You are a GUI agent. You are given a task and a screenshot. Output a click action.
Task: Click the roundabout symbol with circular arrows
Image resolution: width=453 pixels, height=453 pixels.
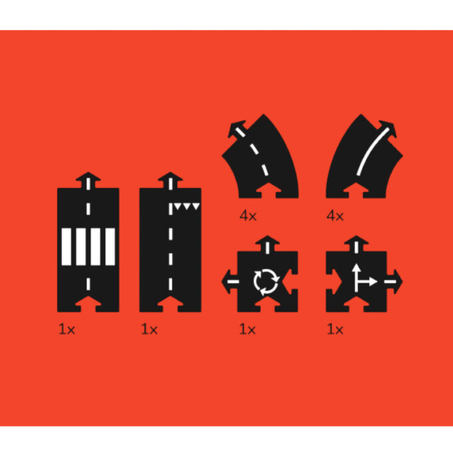click(266, 282)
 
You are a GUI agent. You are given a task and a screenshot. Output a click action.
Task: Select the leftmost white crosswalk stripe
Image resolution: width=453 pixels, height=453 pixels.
click(66, 246)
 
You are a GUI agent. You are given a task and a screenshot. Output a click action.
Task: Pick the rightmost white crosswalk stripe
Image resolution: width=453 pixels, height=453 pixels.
click(110, 246)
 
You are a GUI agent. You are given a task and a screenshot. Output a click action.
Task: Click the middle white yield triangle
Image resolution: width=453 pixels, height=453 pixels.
click(187, 207)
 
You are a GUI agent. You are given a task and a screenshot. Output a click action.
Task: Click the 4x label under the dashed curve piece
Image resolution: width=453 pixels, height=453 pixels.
click(248, 216)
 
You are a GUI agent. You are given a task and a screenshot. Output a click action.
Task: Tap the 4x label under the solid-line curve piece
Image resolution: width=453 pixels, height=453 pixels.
click(335, 216)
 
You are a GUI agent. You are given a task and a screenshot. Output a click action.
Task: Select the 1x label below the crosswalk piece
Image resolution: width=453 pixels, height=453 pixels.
click(67, 329)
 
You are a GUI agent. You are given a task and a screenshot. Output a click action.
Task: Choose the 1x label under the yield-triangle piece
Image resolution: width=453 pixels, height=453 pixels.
click(149, 329)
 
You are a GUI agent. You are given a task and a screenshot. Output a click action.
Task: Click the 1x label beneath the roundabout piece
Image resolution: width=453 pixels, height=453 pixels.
click(247, 329)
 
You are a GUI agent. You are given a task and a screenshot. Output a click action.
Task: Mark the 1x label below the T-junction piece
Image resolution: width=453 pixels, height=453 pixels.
click(335, 329)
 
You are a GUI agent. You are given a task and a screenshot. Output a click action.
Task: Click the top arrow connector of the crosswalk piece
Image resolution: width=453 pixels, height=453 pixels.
click(88, 180)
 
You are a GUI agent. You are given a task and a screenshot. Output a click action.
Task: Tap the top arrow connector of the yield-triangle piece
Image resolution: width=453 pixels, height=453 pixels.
click(170, 180)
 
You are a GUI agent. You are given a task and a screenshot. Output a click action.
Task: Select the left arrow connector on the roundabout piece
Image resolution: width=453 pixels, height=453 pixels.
click(230, 282)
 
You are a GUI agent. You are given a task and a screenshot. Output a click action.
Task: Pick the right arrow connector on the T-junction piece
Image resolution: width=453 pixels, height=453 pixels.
click(394, 282)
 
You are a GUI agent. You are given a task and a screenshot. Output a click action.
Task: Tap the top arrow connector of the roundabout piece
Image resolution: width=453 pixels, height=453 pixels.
click(268, 244)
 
